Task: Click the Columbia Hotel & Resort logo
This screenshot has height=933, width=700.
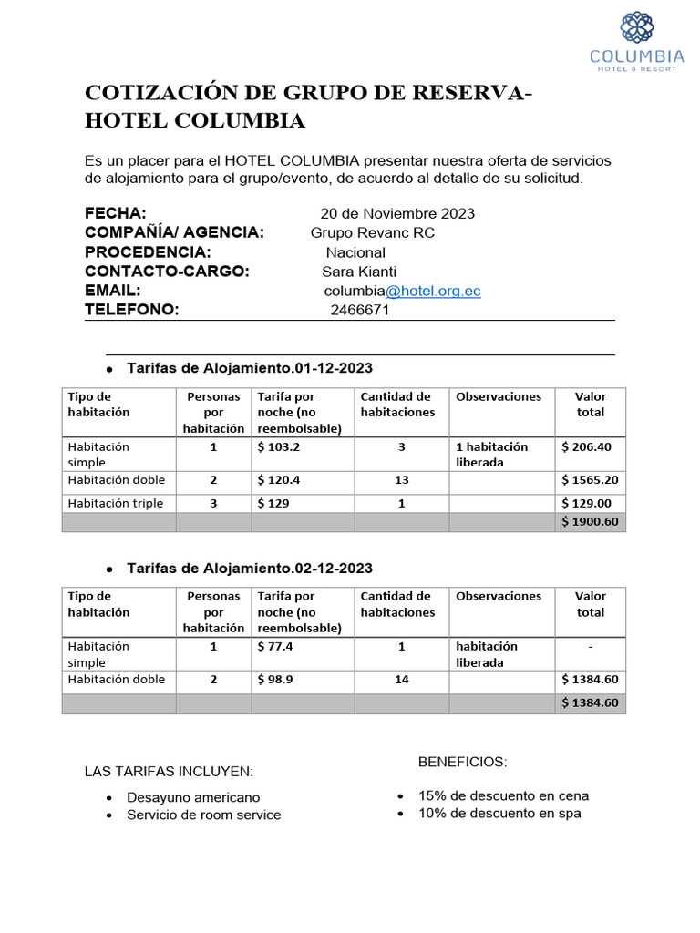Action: point(636,42)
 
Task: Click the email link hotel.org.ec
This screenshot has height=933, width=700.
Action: point(433,291)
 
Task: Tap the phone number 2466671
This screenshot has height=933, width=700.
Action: point(360,310)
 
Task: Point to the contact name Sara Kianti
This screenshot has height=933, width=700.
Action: point(359,272)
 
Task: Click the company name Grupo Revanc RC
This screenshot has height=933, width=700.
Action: point(373,233)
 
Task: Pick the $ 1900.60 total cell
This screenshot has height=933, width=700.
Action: point(590,522)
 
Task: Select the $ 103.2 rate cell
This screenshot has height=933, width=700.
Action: point(279,447)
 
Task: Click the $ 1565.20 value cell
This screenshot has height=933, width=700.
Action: point(590,480)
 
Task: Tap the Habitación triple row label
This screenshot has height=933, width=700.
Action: point(116,503)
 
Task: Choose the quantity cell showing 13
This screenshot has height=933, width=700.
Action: point(401,480)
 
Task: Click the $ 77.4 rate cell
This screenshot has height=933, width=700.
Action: point(275,647)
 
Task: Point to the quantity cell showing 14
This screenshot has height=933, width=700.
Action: point(401,680)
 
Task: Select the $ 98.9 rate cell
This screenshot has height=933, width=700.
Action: point(275,680)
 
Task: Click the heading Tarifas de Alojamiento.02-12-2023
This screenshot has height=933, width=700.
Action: point(250,569)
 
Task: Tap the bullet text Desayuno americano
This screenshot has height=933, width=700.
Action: point(193,797)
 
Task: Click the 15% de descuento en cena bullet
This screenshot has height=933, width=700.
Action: point(503,795)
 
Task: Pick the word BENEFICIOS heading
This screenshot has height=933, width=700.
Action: point(462,762)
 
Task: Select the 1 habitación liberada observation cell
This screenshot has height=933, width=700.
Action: point(492,455)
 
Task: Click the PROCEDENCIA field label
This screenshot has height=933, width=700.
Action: point(148,252)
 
